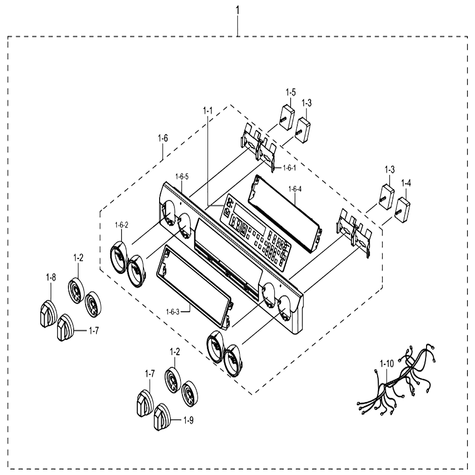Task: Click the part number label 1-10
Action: point(387,363)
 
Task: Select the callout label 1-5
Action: point(290,92)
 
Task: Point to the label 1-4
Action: point(406,183)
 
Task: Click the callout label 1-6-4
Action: point(295,190)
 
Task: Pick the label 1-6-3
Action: point(173,312)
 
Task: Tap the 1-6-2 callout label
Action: point(122,225)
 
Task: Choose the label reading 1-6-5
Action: point(182,177)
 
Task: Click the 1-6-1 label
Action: point(290,168)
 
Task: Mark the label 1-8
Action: point(51,277)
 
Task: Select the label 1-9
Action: point(188,420)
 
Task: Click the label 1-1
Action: point(208,111)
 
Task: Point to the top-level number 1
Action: point(237,10)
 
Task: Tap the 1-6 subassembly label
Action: point(162,138)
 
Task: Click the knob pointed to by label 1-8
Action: point(48,313)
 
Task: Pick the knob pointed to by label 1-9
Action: point(162,417)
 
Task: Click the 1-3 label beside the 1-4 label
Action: point(389,170)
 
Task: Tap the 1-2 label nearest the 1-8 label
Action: point(78,258)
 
